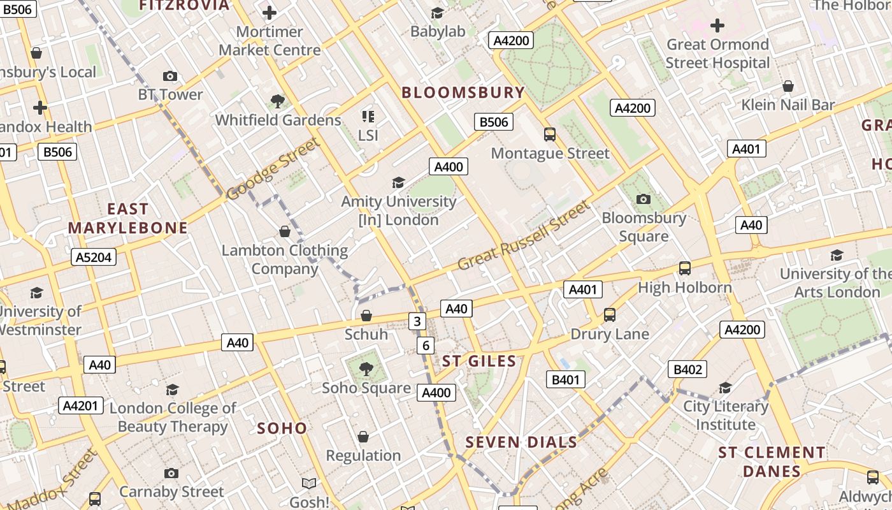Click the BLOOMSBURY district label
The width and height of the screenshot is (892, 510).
coord(463,92)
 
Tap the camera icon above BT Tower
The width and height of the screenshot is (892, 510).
coord(169,76)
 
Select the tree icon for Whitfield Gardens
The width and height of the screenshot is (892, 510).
coord(277,101)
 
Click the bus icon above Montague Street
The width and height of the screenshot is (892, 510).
coord(549,135)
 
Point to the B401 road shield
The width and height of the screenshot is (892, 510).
coord(566,380)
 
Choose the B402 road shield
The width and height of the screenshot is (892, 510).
coord(687,369)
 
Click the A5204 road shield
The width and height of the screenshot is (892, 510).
coord(93,257)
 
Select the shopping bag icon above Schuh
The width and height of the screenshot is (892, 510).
coord(366,316)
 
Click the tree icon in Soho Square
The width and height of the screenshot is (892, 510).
coord(366,368)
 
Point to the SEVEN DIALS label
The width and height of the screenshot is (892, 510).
coord(521,442)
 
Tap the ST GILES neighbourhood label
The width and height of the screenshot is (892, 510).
coord(479,361)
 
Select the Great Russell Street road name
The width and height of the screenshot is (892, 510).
coord(524,235)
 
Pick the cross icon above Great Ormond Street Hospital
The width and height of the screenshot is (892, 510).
coord(717,26)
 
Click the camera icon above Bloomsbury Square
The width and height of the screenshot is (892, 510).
coord(644,200)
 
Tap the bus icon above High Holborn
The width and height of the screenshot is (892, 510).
coord(685,268)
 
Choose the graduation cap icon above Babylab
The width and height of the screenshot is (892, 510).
coord(437,13)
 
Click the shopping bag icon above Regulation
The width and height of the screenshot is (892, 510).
coord(363,437)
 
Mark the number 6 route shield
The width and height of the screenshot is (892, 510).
coord(426,346)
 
